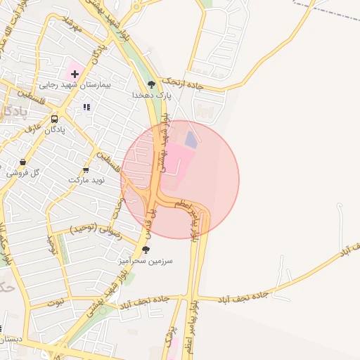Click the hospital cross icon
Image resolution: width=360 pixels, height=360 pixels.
[x=75, y=73]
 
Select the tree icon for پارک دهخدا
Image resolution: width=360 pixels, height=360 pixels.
[x=152, y=84]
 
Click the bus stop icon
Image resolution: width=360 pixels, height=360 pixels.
[x=55, y=119]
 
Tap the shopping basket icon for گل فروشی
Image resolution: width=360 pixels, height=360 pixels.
[x=23, y=163]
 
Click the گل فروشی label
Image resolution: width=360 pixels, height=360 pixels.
[x=22, y=173]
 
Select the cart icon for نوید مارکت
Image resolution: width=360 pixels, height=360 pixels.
[x=86, y=170]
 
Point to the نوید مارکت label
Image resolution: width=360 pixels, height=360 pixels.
[x=86, y=181]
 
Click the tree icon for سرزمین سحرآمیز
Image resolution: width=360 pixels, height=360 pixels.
[x=146, y=250]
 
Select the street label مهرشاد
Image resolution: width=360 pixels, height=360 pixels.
[x=73, y=27]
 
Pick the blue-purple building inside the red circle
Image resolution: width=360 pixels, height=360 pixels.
[x=191, y=139]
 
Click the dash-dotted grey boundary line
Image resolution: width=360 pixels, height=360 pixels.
[x=327, y=8]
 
